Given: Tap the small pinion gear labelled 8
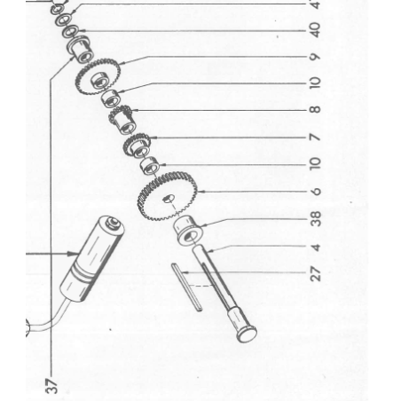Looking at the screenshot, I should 122,116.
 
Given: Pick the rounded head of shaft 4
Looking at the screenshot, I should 246,334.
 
